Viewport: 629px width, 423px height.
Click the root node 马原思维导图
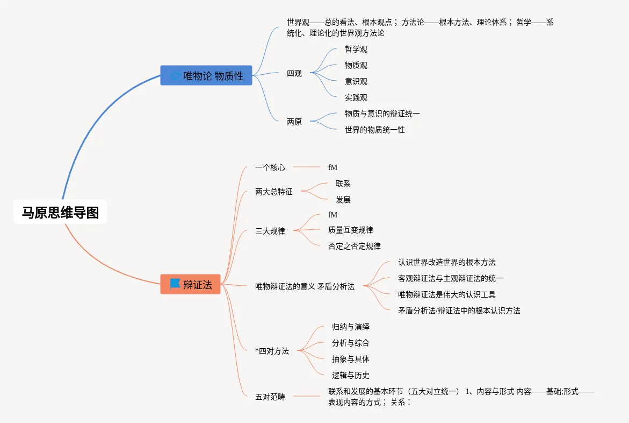coord(60,213)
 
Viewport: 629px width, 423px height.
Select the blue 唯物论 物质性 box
coord(206,76)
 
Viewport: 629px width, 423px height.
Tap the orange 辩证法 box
coord(191,284)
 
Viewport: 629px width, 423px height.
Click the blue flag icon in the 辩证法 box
coord(175,284)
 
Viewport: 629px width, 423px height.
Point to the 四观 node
coord(294,74)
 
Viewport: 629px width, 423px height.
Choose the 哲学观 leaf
coord(356,50)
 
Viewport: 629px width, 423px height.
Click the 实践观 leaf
coord(356,98)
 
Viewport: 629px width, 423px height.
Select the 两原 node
coord(294,122)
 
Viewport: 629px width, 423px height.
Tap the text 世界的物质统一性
coord(375,130)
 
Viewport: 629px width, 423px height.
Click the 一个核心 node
coord(270,167)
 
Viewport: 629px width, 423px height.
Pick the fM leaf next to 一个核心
coord(332,167)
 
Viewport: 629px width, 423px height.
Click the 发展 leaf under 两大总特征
coord(343,200)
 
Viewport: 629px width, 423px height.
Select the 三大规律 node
coord(270,231)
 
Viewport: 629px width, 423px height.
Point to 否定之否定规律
coord(354,246)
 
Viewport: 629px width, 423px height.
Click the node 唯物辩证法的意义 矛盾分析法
coord(305,287)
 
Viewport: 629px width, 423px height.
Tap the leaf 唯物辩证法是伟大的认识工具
coord(446,294)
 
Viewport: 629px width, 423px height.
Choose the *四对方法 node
coord(272,351)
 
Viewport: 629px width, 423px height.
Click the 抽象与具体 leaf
coord(351,359)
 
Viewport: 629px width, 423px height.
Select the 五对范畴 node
coord(270,397)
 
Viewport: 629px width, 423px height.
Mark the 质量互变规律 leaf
coord(350,230)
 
